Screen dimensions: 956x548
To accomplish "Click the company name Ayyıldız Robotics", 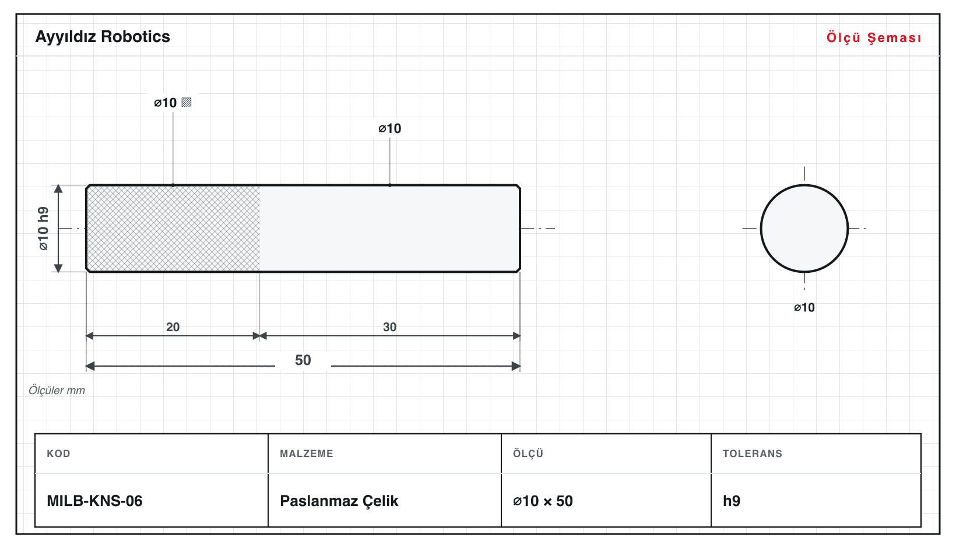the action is tap(103, 37).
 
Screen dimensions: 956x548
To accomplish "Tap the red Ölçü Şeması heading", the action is tap(874, 37).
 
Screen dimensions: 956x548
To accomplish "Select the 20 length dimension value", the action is tap(173, 327).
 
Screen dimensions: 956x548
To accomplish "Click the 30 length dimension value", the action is tap(389, 327).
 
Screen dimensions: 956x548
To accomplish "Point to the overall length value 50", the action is tap(303, 360).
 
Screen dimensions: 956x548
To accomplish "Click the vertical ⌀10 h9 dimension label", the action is tap(44, 229).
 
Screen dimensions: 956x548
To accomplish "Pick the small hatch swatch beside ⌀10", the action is tap(187, 103).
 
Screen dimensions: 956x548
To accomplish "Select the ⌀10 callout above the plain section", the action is tap(389, 128).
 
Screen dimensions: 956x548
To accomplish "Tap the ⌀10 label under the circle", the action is tap(804, 307).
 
